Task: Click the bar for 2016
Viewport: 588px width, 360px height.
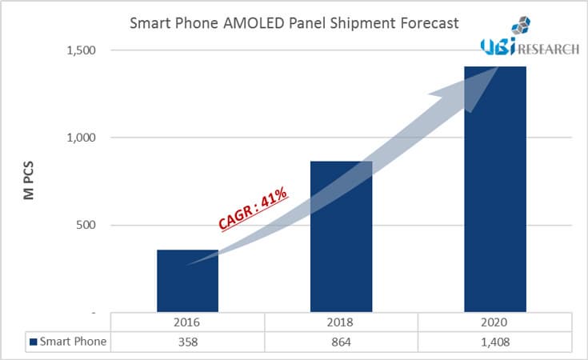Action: pyautogui.click(x=187, y=281)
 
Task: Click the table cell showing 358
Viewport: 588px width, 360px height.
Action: pyautogui.click(x=187, y=342)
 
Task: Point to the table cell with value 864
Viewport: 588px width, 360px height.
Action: pyautogui.click(x=341, y=342)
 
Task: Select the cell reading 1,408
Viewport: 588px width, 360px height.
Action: pyautogui.click(x=495, y=342)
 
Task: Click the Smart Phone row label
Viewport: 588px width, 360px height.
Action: pyautogui.click(x=74, y=342)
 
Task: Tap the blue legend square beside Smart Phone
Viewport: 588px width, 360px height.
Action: pyautogui.click(x=34, y=342)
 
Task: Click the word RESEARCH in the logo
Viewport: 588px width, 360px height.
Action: pyautogui.click(x=549, y=50)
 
